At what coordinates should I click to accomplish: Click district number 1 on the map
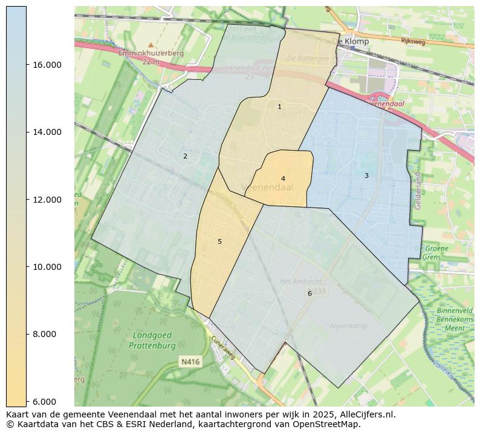[279, 106]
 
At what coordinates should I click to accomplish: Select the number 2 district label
[185, 156]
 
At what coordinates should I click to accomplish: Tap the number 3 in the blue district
[366, 175]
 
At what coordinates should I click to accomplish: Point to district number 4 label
[283, 178]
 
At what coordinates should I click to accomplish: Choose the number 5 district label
[219, 241]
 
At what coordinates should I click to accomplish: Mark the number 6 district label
[310, 293]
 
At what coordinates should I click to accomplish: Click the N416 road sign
[190, 362]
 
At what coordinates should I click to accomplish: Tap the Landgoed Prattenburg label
[152, 341]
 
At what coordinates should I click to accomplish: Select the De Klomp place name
[351, 41]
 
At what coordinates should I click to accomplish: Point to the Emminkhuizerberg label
[151, 53]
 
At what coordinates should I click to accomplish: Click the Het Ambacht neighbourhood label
[300, 281]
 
